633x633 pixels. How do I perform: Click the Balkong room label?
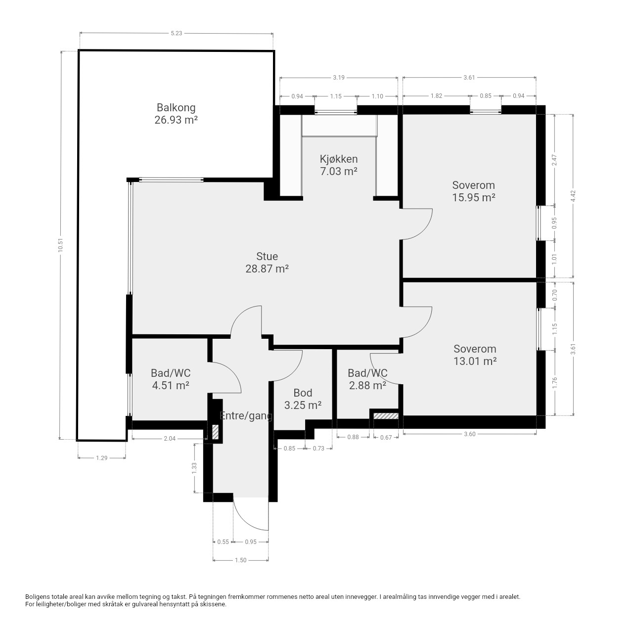click(176, 108)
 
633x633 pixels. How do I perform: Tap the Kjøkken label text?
click(339, 159)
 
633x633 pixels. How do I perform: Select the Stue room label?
click(267, 257)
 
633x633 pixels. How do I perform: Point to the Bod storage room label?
click(303, 393)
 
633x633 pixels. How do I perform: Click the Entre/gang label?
click(246, 416)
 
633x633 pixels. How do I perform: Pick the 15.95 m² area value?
click(474, 198)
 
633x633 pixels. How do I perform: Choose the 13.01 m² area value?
click(475, 362)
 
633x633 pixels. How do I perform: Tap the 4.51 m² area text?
click(171, 385)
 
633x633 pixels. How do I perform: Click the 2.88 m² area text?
click(367, 385)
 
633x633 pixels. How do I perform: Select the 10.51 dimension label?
click(60, 245)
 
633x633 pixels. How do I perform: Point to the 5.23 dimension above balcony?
click(177, 33)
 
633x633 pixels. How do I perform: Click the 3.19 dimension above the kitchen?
click(339, 78)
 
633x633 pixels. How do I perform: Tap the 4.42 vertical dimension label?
click(573, 196)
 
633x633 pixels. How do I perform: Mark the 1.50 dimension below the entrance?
click(240, 560)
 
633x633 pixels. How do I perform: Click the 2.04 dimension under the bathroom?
click(170, 439)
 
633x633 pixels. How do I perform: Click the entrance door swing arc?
click(245, 519)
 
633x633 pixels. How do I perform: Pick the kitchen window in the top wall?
click(336, 112)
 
